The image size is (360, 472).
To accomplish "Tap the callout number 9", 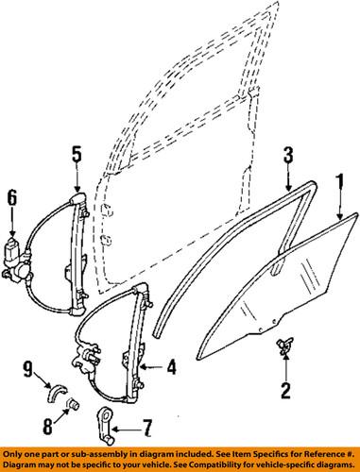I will click(x=29, y=368).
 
